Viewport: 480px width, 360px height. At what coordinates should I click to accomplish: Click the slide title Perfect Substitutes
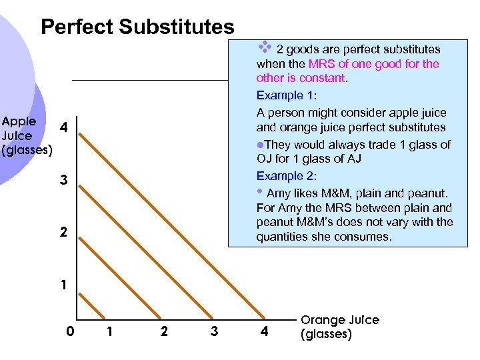[137, 27]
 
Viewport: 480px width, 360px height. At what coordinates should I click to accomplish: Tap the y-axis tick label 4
[62, 127]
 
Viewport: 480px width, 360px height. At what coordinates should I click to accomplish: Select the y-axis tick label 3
[62, 179]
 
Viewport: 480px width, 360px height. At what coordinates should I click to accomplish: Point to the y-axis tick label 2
[62, 233]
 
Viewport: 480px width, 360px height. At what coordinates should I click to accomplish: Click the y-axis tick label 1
[62, 285]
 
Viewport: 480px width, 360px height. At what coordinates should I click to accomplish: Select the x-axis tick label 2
[164, 331]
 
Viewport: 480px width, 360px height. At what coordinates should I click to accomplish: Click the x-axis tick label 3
[214, 331]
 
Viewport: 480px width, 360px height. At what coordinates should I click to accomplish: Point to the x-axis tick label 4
[264, 331]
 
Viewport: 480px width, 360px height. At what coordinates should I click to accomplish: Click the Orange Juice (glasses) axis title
[340, 327]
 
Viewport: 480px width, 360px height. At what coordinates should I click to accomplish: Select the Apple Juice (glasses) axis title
[27, 136]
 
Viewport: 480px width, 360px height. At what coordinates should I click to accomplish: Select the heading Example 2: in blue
[287, 176]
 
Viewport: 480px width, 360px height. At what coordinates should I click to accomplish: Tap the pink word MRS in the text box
[320, 64]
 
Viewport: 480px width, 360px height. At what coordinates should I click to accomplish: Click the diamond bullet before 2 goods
[264, 47]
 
